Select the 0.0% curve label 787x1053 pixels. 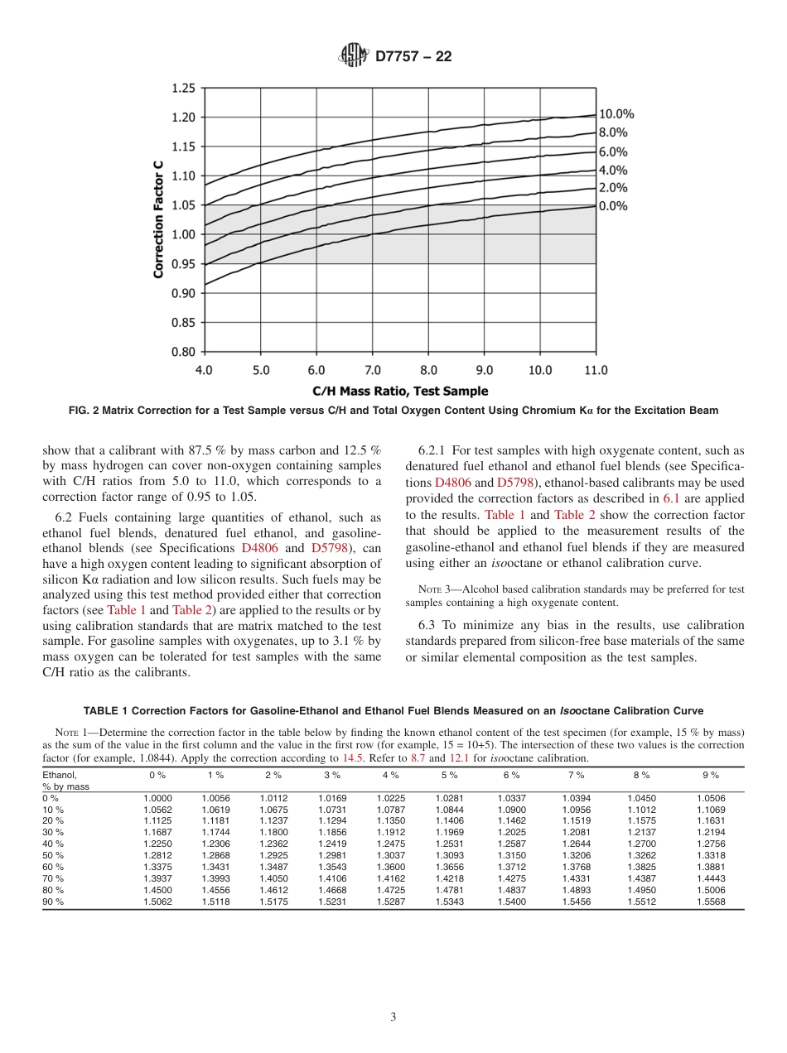coord(613,206)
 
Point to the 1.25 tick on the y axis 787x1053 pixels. coord(182,88)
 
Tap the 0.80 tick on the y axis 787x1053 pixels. coord(182,352)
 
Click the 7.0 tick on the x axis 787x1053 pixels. coord(373,370)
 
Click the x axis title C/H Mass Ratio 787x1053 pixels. coord(400,391)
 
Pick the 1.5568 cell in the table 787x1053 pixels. coord(711,902)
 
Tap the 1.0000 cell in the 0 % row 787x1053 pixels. coord(157,798)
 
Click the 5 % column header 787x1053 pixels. coord(449,775)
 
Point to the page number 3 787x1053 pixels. coord(393,1017)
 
